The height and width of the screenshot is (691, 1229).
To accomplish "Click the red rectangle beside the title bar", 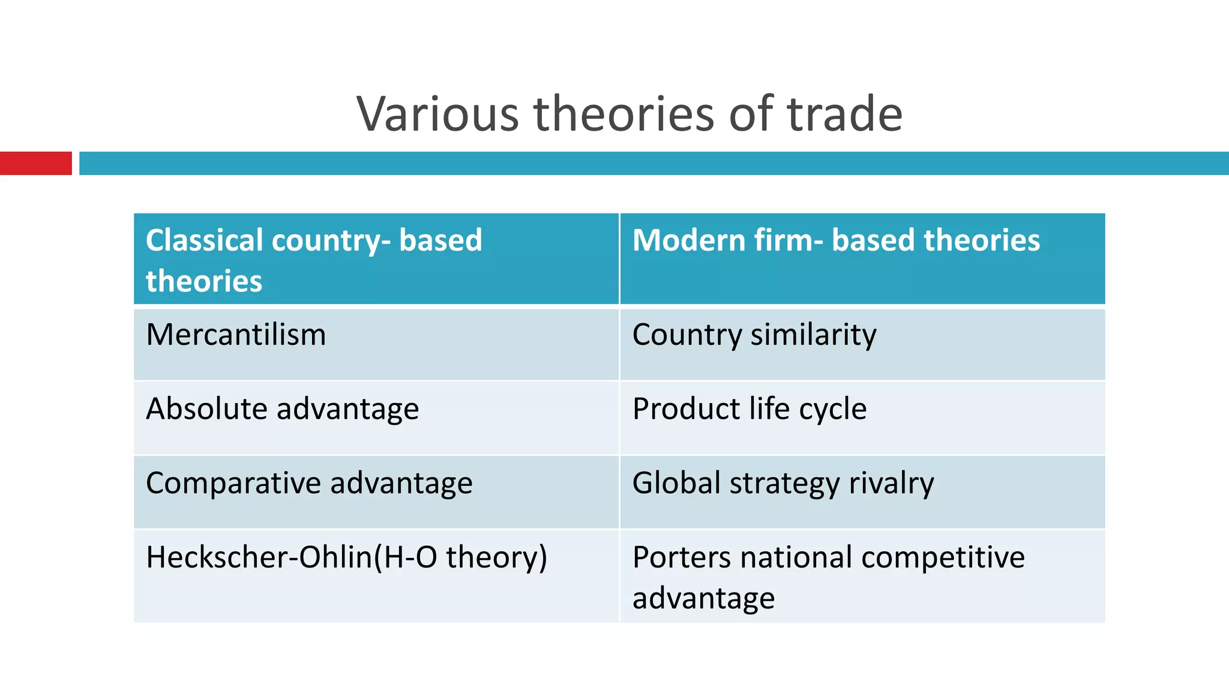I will coord(35,163).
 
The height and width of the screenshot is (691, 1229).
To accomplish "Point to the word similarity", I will coord(813,335).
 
